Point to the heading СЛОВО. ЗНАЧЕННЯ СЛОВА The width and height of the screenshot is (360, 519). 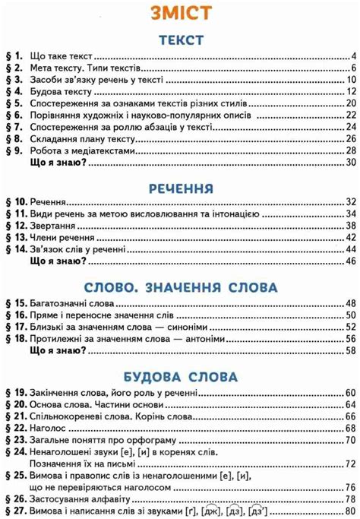click(181, 287)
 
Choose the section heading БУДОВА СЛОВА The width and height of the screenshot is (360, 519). click(181, 377)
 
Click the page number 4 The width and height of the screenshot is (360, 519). click(353, 57)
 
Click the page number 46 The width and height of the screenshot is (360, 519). click(350, 261)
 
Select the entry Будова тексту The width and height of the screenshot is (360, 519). click(60, 92)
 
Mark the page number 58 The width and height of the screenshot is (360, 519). click(350, 351)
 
